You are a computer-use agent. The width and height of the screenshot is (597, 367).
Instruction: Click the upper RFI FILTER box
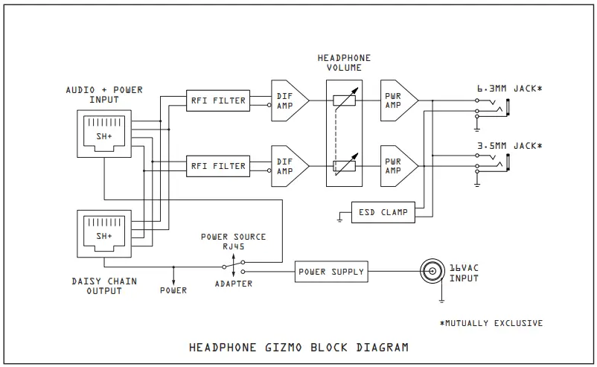coord(218,100)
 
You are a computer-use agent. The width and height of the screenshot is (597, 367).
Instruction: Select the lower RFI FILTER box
coord(218,166)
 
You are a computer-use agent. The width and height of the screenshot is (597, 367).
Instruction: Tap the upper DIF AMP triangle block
coord(287,100)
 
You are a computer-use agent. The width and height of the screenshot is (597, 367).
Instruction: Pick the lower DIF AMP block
coord(287,166)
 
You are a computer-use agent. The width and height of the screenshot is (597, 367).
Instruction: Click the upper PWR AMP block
coord(395,100)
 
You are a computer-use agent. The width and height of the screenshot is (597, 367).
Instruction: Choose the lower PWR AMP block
coord(395,166)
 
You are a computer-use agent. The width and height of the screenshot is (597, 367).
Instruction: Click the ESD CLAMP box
coord(382,212)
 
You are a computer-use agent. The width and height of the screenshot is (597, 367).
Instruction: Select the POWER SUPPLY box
coord(331,272)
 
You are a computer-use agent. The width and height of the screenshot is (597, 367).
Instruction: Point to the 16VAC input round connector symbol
coord(430,272)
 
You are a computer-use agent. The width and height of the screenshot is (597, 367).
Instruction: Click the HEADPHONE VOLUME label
coord(343,63)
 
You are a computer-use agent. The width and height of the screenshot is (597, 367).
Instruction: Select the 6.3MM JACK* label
coord(509,89)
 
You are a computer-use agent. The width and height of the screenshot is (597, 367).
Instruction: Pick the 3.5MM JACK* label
coord(509,145)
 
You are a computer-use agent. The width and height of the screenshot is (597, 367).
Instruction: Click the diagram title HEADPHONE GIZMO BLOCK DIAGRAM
coord(298,347)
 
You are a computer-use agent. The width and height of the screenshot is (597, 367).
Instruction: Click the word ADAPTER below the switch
coord(233,284)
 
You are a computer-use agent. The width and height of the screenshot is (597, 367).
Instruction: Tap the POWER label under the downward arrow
coord(173,290)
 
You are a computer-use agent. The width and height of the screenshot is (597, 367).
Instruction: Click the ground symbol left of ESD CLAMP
coord(340,218)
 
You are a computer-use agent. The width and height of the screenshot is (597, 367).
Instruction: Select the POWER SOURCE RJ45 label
coord(233,242)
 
